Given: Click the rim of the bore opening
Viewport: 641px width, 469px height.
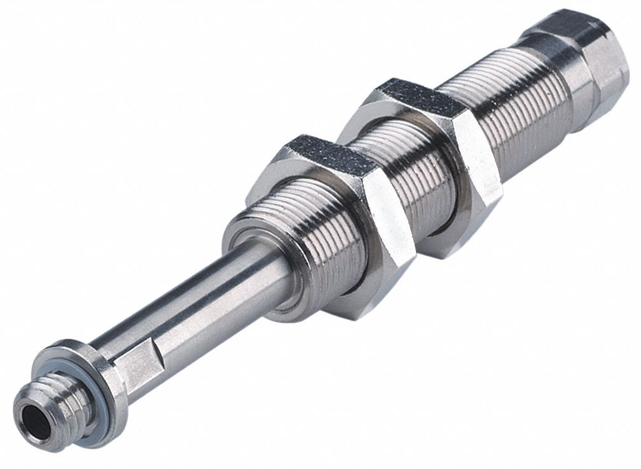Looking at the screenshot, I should (23, 407).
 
